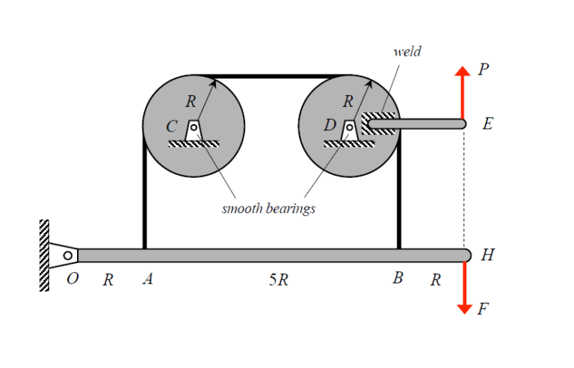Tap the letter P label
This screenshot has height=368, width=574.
484,70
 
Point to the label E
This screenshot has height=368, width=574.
487,124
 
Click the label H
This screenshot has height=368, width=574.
487,255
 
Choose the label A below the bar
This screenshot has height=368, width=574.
147,280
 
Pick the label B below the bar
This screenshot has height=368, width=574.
398,279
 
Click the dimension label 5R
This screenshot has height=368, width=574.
277,280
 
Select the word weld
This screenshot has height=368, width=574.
407,52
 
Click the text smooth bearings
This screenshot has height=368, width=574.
268,209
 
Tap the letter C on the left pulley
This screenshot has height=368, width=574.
172,126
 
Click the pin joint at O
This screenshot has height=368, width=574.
68,256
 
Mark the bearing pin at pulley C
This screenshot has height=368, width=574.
194,128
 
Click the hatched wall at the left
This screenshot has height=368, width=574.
44,255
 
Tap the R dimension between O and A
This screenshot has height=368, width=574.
108,280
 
